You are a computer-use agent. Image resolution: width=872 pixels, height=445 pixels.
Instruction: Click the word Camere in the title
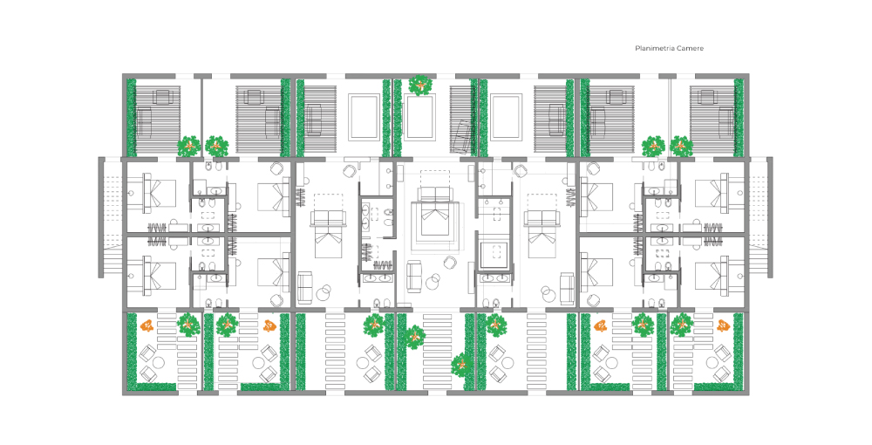click(x=689, y=48)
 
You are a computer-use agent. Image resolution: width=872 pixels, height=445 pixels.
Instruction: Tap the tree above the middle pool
click(x=420, y=86)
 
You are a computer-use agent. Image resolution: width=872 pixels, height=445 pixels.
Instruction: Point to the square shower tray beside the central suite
click(x=495, y=252)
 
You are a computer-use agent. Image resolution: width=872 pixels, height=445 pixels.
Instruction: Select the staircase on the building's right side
click(x=760, y=217)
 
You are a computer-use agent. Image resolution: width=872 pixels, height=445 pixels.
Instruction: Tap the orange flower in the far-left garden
click(x=146, y=325)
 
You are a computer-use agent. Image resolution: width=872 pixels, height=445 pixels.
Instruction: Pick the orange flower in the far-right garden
click(x=723, y=325)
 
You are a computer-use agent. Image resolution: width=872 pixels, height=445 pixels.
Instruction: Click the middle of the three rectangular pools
click(x=420, y=118)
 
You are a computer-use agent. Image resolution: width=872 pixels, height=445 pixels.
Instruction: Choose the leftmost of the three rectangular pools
click(x=364, y=118)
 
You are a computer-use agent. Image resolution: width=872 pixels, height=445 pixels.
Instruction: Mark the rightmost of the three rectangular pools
click(x=506, y=118)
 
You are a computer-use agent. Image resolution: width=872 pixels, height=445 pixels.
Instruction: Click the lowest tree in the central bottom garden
click(x=461, y=365)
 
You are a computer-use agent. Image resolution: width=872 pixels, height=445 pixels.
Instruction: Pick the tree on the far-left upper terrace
click(x=189, y=147)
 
